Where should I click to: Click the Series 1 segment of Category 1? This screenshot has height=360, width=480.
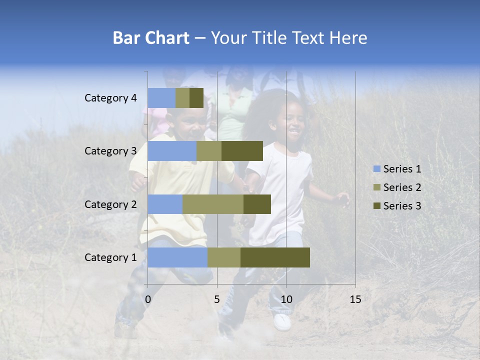177,257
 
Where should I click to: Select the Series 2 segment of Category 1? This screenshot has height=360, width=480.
224,257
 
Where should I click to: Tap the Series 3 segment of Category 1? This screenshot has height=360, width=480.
275,257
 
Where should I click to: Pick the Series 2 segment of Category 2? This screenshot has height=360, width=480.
213,204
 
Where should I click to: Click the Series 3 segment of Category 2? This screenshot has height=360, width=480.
257,204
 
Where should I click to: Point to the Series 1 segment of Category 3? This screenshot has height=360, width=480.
172,151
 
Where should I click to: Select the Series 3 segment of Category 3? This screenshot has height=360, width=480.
242,151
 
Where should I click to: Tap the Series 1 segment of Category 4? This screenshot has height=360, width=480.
161,98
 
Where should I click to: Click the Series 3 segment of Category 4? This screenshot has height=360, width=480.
196,98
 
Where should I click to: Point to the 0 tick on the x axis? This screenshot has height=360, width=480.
148,299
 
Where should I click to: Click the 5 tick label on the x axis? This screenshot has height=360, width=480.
217,299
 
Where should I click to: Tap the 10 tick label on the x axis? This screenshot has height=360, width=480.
286,299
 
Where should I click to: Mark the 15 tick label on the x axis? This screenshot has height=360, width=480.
355,299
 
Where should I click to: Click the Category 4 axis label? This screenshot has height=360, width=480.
110,98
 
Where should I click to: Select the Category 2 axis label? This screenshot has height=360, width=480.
110,204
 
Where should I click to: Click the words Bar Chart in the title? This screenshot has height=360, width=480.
151,38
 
